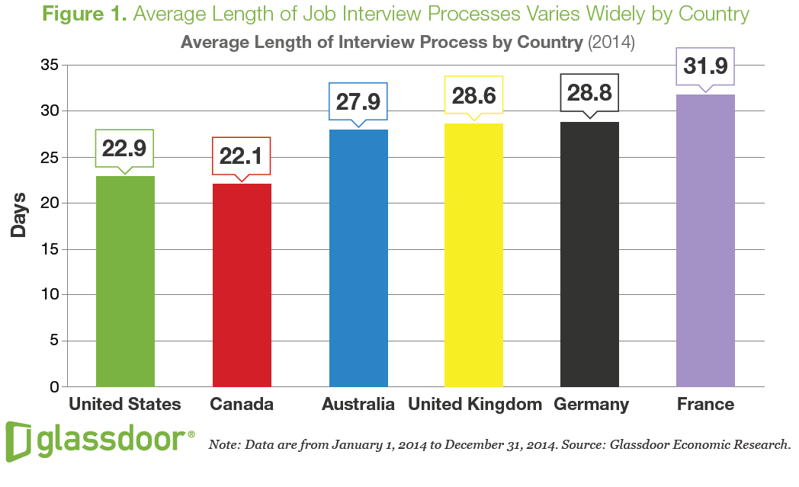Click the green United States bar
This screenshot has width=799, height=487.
pos(125,282)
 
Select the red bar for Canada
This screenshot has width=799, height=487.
pos(242,286)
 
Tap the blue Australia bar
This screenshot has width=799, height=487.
pos(358,259)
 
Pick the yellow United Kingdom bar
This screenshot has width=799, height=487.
pos(473,255)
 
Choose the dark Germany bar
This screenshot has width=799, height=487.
pos(589,255)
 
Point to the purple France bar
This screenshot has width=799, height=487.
pos(705,241)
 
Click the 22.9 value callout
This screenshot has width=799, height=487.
pos(125,148)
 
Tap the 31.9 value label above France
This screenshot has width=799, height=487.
pos(705,66)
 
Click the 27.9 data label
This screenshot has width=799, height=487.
pos(358,101)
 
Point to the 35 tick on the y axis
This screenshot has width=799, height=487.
pos(49,66)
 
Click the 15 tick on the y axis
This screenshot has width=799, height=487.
pos(49,249)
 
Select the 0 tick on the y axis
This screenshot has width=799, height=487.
pos(53,386)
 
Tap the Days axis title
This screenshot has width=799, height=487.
pos(19,215)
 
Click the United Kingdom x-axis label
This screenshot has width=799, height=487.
pos(475,404)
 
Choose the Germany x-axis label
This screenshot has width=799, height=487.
pos(592,404)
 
